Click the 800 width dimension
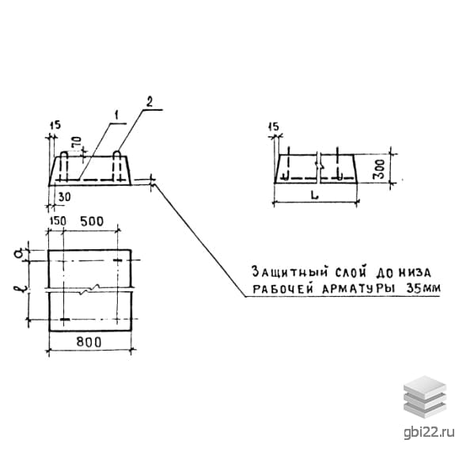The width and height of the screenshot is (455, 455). click(x=89, y=342)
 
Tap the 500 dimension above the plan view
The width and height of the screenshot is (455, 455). click(x=92, y=222)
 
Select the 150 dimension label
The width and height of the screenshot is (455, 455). click(x=58, y=221)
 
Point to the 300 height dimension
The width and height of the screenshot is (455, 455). click(x=380, y=169)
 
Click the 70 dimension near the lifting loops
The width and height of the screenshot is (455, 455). click(x=78, y=143)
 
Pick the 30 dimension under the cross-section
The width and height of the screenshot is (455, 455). click(x=64, y=197)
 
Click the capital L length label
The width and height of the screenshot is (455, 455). click(x=315, y=195)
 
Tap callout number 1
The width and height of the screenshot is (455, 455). click(x=116, y=116)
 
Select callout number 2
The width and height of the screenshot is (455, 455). click(x=149, y=102)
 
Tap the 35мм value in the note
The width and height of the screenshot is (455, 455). click(x=423, y=288)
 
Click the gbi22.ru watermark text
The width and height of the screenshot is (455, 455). click(x=429, y=432)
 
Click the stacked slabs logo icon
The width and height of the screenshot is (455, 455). click(x=425, y=396)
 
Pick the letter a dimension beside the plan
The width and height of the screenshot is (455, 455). click(x=17, y=255)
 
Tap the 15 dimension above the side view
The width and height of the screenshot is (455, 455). click(x=273, y=127)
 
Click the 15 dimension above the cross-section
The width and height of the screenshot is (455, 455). click(x=55, y=125)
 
